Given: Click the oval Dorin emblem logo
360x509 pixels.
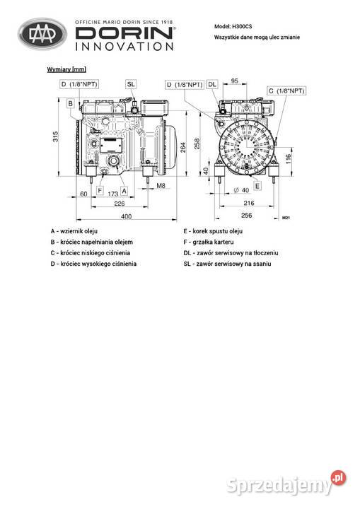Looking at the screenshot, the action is coord(42,34).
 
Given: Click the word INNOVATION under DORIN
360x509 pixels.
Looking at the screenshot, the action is coord(124,46).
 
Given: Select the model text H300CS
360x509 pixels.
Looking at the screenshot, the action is coord(242,26).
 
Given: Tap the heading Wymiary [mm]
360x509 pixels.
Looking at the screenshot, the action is coord(66,69).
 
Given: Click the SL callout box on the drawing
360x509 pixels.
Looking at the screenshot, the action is coord(131,84).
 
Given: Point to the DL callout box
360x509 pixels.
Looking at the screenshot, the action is coord(212,84).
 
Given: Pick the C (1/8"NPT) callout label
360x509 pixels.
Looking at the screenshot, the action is coord(286,91).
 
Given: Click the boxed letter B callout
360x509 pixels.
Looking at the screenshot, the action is coord(71,103).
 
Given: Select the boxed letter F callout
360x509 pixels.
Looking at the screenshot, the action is coord(100,190).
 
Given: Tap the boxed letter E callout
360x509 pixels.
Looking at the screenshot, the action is coord(257,186).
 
